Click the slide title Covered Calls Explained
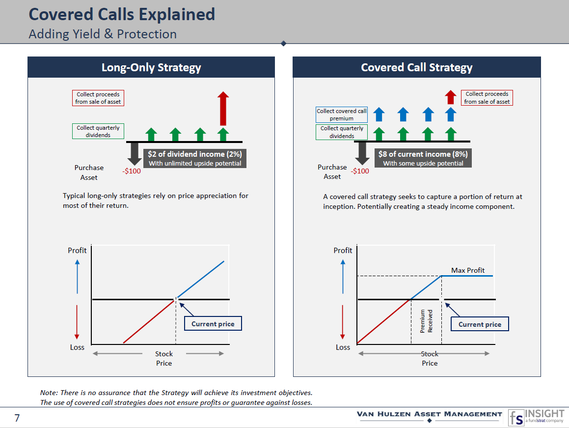click(x=122, y=14)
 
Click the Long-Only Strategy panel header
click(x=151, y=67)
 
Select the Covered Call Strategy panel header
click(x=416, y=67)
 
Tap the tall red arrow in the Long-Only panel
click(x=223, y=108)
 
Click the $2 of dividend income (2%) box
click(x=195, y=158)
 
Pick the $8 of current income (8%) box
click(x=423, y=158)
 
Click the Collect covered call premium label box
click(x=342, y=114)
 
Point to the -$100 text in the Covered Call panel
click(x=360, y=171)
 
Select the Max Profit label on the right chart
click(x=468, y=270)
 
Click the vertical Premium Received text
click(x=426, y=321)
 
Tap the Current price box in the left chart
click(x=213, y=324)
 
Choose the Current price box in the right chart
click(x=480, y=324)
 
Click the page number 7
click(x=17, y=418)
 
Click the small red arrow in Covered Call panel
click(x=450, y=97)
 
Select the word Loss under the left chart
click(x=77, y=347)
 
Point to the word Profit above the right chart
click(x=343, y=251)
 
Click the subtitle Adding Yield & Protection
click(x=103, y=34)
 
